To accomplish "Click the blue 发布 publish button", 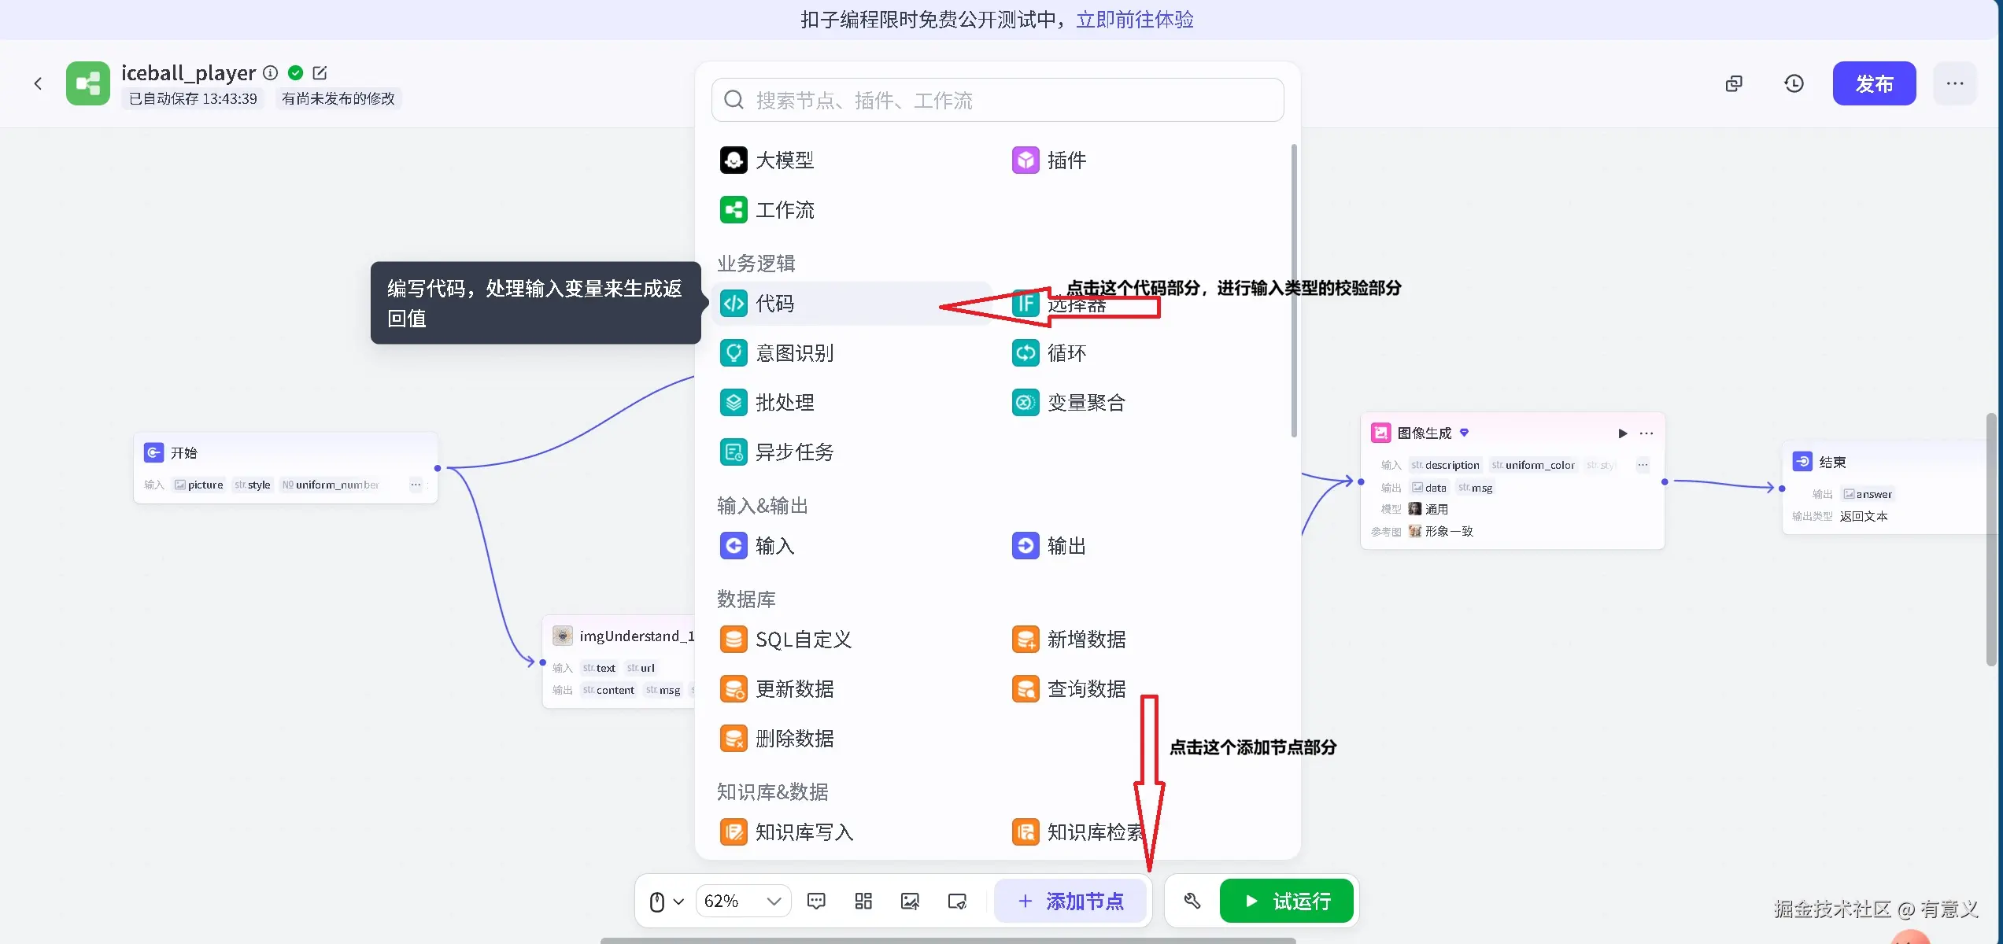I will click(x=1873, y=83).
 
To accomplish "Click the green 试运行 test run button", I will click(x=1286, y=901).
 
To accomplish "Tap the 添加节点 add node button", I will click(x=1070, y=901).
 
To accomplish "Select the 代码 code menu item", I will click(x=774, y=304).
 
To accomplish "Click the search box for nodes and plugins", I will click(x=997, y=100).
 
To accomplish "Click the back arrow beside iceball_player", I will click(x=38, y=83).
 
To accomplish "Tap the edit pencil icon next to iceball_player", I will click(x=320, y=73).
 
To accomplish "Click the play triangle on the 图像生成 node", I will click(x=1622, y=433).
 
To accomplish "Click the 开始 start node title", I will click(x=183, y=453).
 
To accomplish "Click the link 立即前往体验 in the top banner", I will click(x=1134, y=20).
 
